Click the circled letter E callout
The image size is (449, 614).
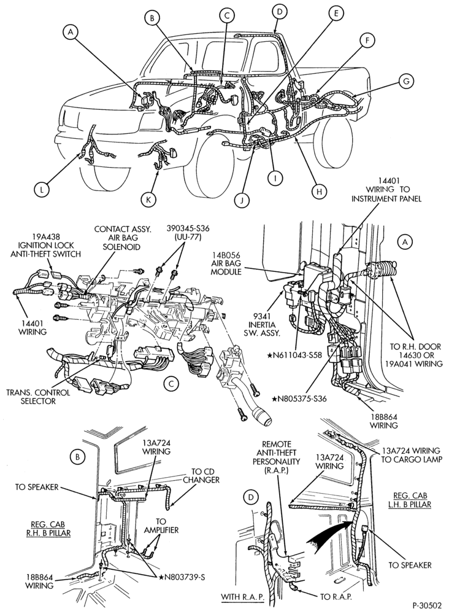pyautogui.click(x=335, y=14)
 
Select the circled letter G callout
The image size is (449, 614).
pyautogui.click(x=406, y=81)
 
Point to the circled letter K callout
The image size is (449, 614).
pyautogui.click(x=148, y=200)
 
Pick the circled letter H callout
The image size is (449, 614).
pyautogui.click(x=319, y=191)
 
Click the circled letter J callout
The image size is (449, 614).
pyautogui.click(x=242, y=200)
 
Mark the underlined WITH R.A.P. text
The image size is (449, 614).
pyautogui.click(x=242, y=597)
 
